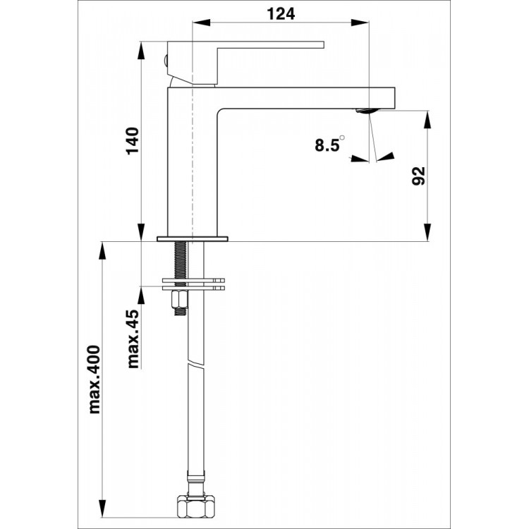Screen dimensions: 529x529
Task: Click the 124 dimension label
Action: (281, 14)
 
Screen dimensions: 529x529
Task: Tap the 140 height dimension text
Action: (133, 140)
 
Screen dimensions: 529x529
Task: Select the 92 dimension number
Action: (419, 176)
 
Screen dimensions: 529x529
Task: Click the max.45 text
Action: (133, 339)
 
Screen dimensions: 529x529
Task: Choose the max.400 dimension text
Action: (95, 379)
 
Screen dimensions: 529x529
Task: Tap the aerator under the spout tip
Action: (367, 111)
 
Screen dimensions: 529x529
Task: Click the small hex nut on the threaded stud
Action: (180, 300)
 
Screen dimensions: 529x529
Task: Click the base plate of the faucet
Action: (193, 239)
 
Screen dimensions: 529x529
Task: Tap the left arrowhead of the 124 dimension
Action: (201, 23)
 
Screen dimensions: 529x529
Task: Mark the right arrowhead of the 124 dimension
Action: (360, 23)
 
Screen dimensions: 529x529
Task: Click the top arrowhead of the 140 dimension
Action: (142, 50)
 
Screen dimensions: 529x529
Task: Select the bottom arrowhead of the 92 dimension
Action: (428, 233)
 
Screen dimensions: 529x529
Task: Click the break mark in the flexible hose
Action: (195, 365)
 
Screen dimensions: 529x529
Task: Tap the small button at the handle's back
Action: (165, 61)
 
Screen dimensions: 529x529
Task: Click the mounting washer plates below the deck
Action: (193, 284)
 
